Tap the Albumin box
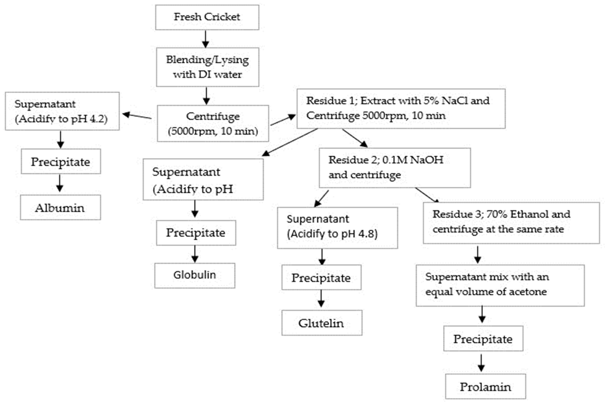60,207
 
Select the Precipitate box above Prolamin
483,339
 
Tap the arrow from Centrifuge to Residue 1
283,120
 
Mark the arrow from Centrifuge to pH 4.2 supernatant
137,116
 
